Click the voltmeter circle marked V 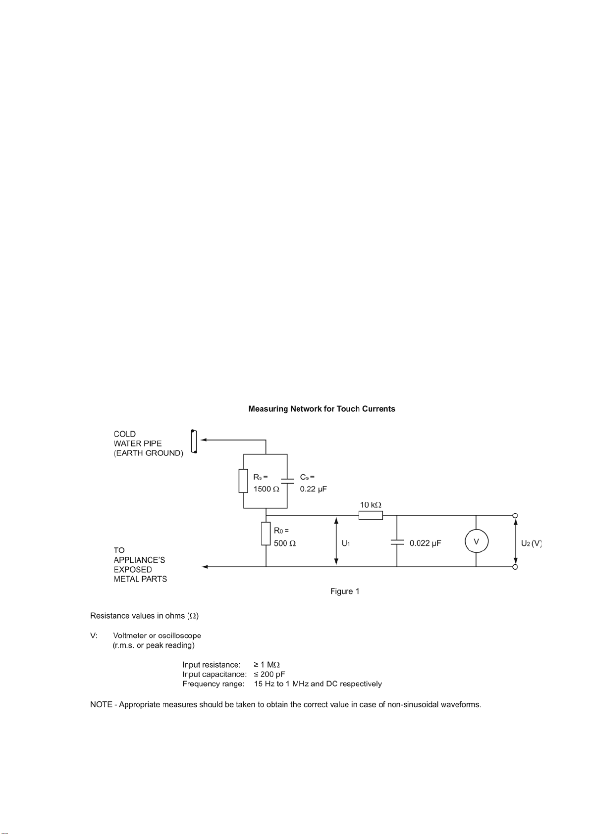click(476, 541)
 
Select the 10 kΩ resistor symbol click(371, 515)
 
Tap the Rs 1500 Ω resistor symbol click(243, 481)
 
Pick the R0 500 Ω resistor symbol click(266, 534)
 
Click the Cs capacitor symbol click(287, 481)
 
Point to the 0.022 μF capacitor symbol click(397, 542)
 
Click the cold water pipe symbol click(194, 442)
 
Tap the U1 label click(346, 543)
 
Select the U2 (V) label click(531, 543)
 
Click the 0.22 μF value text click(313, 489)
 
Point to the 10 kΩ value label click(371, 505)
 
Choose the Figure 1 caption click(345, 591)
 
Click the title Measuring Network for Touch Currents click(322, 409)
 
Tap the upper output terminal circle click(515, 515)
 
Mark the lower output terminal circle click(515, 567)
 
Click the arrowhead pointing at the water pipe click(204, 440)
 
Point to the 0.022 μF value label click(425, 543)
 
